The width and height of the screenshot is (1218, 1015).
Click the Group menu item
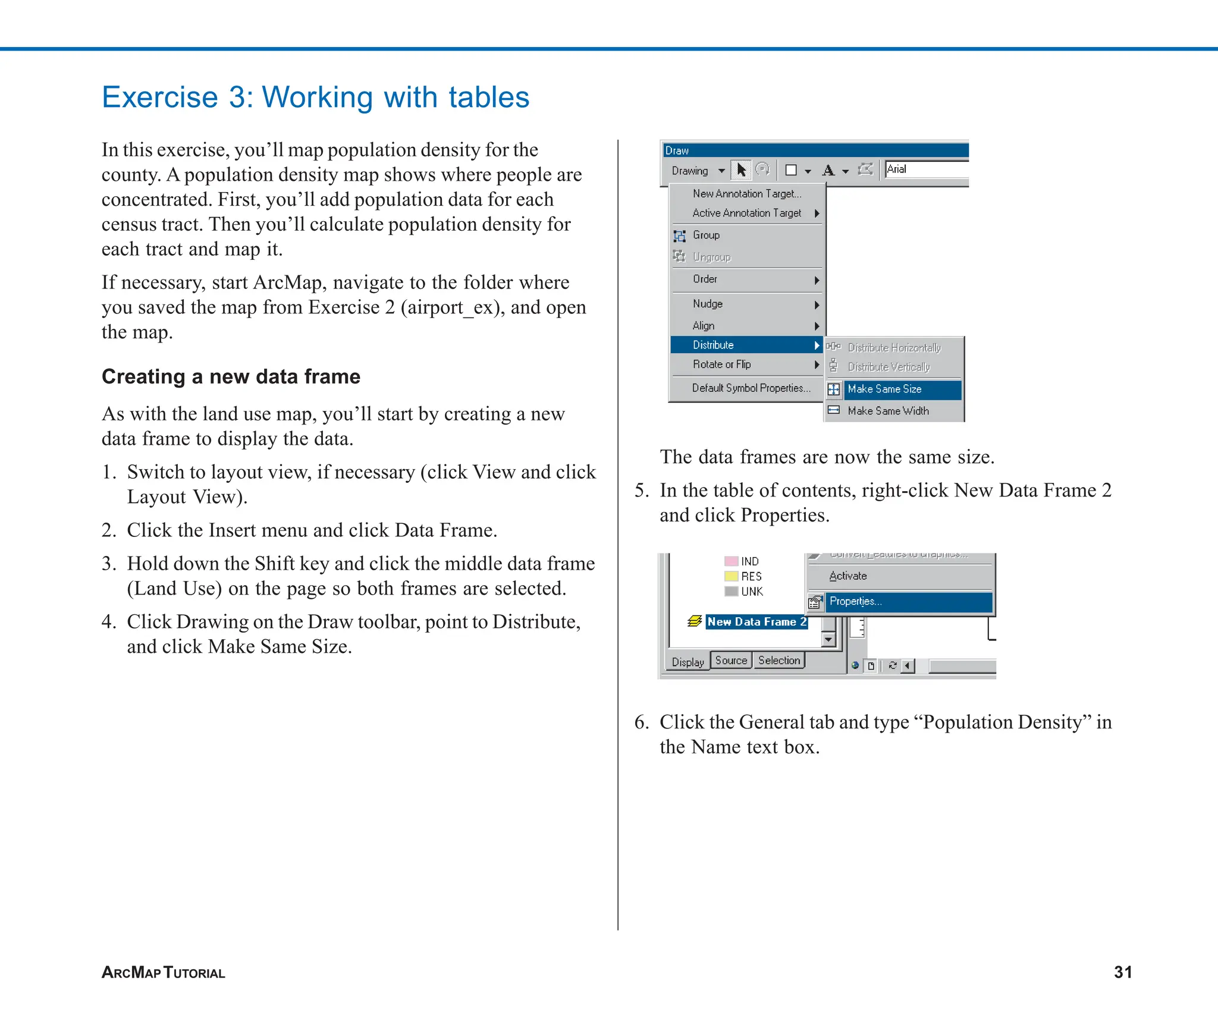tap(706, 235)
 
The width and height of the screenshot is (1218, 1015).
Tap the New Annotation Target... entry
tap(746, 194)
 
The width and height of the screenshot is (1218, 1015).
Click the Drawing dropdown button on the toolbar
tap(698, 171)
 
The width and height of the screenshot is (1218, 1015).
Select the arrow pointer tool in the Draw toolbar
tap(742, 170)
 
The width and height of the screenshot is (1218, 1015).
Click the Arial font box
tap(925, 169)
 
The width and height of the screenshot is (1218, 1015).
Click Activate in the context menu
tap(848, 576)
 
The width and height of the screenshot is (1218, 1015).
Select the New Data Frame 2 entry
tap(756, 622)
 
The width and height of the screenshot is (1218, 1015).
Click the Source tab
tap(731, 661)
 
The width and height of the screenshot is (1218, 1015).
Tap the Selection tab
tap(778, 661)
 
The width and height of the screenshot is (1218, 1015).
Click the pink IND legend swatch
tap(731, 561)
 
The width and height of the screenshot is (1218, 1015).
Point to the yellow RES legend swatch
tap(731, 576)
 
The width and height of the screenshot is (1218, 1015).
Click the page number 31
tap(1122, 972)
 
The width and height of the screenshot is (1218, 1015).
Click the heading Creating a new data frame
tap(231, 377)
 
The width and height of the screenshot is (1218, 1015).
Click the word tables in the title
tap(488, 98)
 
